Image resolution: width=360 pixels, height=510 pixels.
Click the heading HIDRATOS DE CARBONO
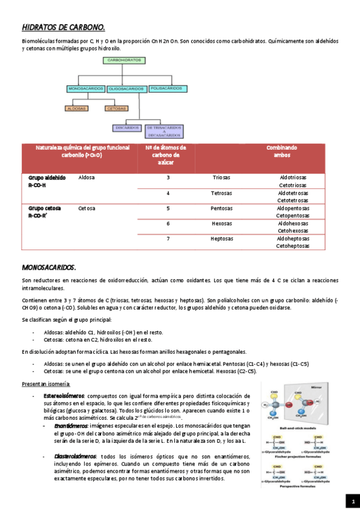point(63,27)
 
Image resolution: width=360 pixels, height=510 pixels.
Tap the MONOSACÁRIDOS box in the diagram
point(86,88)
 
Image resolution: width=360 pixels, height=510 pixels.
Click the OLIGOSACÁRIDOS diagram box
point(127,89)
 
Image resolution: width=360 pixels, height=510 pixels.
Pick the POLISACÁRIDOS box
point(166,88)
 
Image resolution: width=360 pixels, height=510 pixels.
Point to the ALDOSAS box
point(76,108)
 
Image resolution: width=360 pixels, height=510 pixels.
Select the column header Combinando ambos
point(281,151)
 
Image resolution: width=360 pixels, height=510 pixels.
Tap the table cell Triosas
point(221,178)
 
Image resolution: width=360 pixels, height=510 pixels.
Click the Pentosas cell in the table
point(221,209)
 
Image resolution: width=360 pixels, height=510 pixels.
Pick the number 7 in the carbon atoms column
point(168,239)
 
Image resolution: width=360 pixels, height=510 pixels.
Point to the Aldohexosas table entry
point(293,223)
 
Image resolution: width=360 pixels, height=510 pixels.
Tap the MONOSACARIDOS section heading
point(49,266)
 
